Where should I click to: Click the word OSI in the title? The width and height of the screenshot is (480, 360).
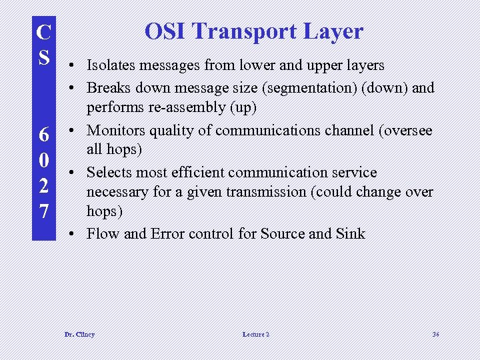(x=165, y=31)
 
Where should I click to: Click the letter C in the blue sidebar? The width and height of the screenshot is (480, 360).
(x=43, y=31)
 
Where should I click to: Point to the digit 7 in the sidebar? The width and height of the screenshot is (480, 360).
(x=43, y=212)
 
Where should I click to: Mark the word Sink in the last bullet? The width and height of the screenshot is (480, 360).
(x=352, y=233)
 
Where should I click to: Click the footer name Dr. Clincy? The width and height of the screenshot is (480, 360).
(x=79, y=334)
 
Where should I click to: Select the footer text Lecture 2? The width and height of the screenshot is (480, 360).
(x=256, y=334)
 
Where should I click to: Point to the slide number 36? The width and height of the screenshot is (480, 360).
(x=435, y=334)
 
